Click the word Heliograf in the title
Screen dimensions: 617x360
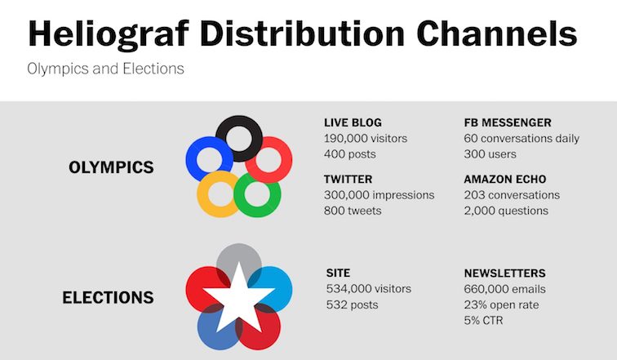[x=109, y=34]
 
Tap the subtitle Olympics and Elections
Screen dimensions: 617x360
[x=105, y=69]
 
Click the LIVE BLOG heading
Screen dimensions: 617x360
[x=353, y=122]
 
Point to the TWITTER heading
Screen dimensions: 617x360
[x=348, y=180]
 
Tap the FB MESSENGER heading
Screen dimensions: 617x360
[x=508, y=122]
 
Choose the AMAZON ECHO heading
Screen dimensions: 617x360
[x=505, y=180]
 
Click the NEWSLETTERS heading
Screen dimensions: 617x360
[x=505, y=273]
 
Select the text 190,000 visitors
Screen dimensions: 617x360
[x=366, y=139]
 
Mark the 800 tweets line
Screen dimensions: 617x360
[x=353, y=211]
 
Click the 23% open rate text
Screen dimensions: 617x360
[x=501, y=305]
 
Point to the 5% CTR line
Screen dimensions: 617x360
[x=483, y=320]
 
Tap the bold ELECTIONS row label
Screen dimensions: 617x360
[x=108, y=297]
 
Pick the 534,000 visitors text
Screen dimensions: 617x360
[x=369, y=289]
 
